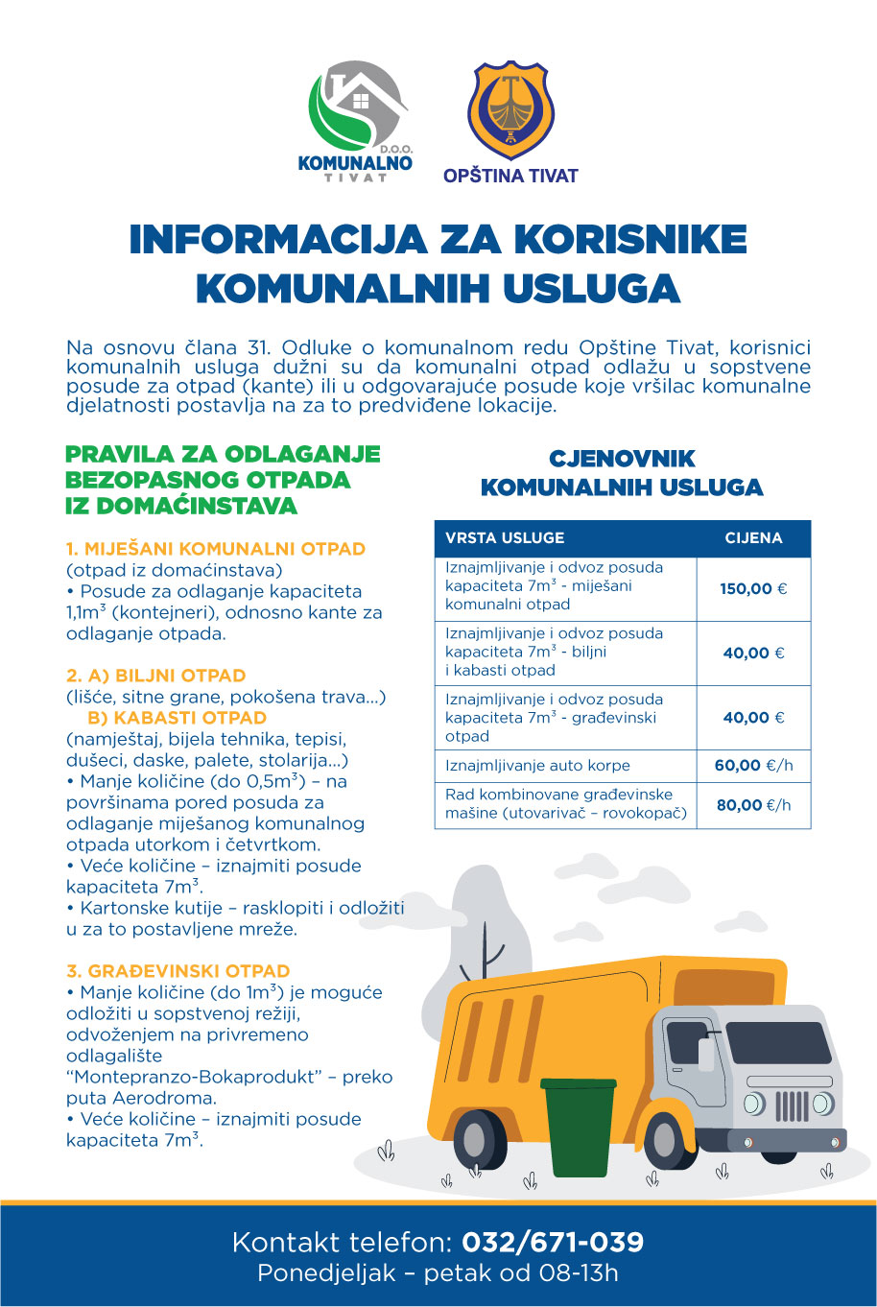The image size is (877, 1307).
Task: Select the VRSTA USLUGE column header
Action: [x=505, y=538]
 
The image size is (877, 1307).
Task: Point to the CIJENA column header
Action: [x=753, y=538]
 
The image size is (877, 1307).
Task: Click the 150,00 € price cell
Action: [x=753, y=588]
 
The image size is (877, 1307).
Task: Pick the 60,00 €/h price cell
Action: [x=753, y=766]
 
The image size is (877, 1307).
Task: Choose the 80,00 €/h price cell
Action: [x=753, y=805]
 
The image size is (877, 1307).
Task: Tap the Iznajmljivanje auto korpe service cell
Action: [x=537, y=766]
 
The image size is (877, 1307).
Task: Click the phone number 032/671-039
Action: [x=553, y=1243]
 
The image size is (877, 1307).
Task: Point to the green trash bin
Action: [x=580, y=1125]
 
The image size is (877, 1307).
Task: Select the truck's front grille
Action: [x=792, y=1105]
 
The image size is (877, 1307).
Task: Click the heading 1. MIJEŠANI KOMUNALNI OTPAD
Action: [x=216, y=550]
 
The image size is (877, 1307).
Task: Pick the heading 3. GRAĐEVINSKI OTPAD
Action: [x=178, y=971]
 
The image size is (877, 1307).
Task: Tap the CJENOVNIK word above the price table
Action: [x=622, y=459]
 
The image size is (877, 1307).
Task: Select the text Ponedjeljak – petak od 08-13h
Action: [x=438, y=1274]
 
